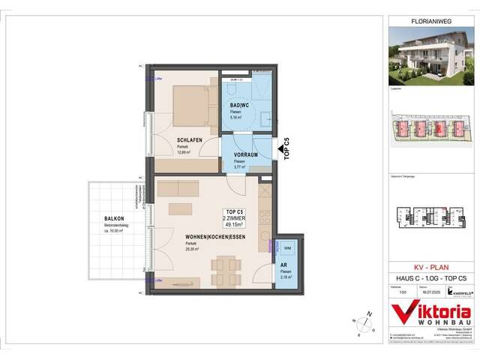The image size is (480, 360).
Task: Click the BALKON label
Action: click(x=115, y=220)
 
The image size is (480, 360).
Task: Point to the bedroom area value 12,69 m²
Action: click(x=184, y=152)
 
